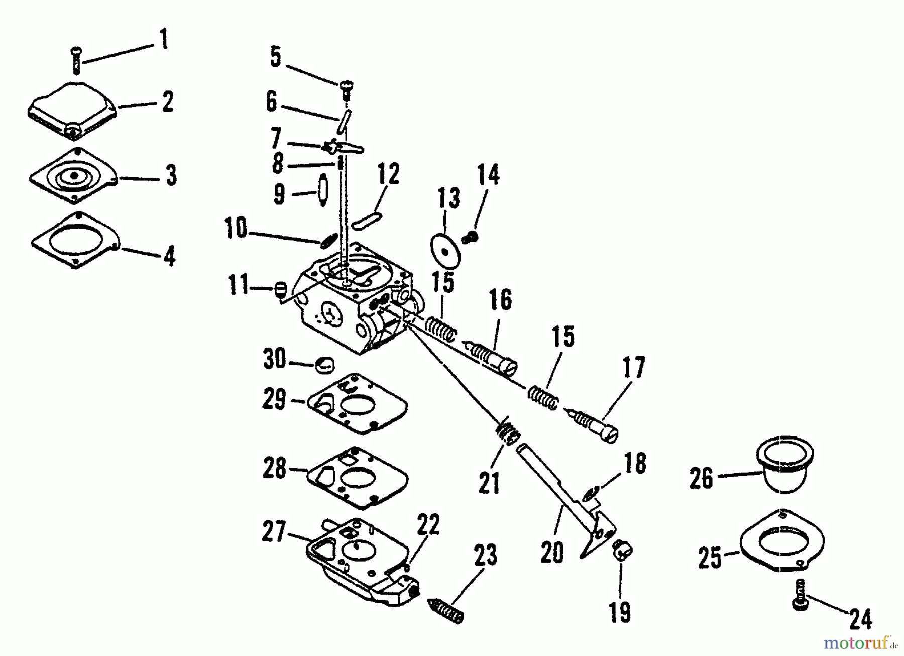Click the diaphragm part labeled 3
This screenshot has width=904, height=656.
74,176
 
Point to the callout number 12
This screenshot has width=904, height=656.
388,174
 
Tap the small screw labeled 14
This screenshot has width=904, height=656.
471,236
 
